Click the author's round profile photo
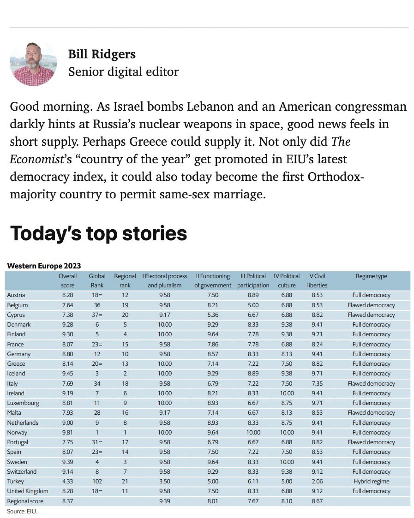coord(33,63)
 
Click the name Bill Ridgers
coord(102,54)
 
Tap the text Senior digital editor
coord(123,72)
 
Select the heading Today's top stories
coord(99,233)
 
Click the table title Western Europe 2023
coord(44,266)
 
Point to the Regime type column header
coord(371,276)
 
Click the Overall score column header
coord(67,280)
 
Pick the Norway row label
coord(17,433)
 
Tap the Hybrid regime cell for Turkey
coord(371,482)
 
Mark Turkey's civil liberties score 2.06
coord(317,482)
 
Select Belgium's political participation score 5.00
coord(253,305)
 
